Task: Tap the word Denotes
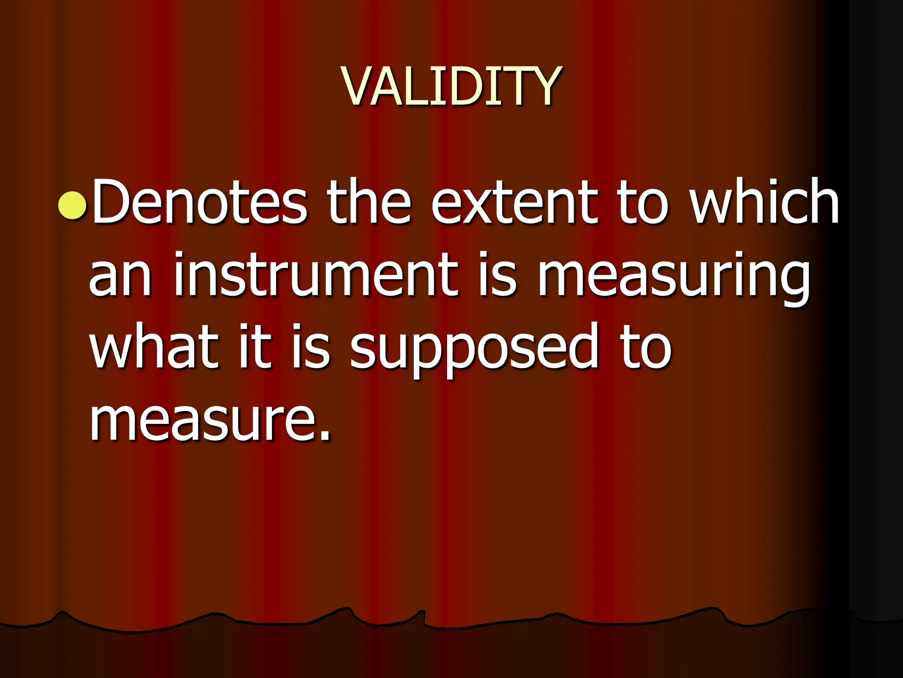pos(199,202)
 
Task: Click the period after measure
pos(325,437)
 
